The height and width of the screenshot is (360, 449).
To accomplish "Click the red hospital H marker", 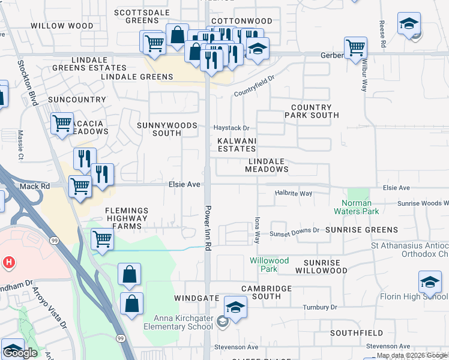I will pyautogui.click(x=8, y=262).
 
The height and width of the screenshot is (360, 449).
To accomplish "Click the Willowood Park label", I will pyautogui.click(x=270, y=265).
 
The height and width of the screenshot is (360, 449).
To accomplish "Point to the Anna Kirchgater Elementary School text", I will pyautogui.click(x=178, y=323).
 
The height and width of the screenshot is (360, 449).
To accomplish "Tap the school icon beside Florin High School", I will pyautogui.click(x=430, y=283).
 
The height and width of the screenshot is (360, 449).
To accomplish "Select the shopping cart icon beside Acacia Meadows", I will pyautogui.click(x=62, y=124).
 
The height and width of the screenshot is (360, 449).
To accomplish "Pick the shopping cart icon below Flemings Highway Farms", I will pyautogui.click(x=103, y=239).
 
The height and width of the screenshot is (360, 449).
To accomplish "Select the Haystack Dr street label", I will pyautogui.click(x=232, y=128).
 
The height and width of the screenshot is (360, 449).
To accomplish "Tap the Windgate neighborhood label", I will pyautogui.click(x=196, y=298).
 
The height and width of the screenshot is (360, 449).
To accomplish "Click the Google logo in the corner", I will pyautogui.click(x=20, y=353).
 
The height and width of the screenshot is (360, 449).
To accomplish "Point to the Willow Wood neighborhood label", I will pyautogui.click(x=53, y=26).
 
